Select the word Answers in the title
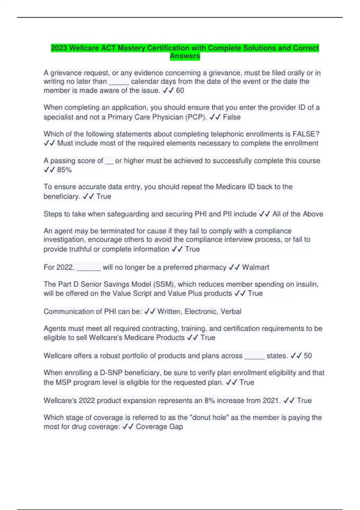(x=185, y=56)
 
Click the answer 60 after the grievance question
(x=180, y=91)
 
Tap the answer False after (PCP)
(x=232, y=117)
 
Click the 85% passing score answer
(x=64, y=170)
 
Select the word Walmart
(x=255, y=267)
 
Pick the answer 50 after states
(x=308, y=356)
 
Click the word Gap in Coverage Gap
(x=176, y=427)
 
